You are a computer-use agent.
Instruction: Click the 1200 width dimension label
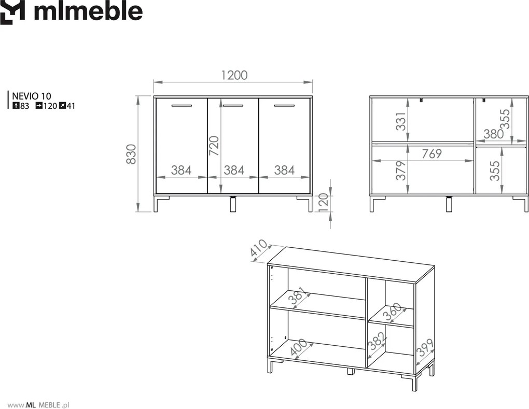coord(234,75)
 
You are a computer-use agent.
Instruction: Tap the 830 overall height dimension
coord(131,154)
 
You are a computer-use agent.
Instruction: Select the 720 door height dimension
coord(214,146)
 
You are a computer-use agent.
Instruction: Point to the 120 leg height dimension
coord(323,201)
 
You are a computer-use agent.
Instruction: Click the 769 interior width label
coord(432,153)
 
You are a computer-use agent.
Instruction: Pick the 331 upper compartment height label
coord(400,122)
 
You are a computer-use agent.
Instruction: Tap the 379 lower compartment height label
coord(400,170)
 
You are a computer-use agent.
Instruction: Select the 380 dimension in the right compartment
coord(493,134)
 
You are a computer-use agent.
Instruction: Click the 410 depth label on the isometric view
coord(259,250)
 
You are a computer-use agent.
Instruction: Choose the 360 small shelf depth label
coord(393,312)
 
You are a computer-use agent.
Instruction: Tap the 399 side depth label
coord(425,348)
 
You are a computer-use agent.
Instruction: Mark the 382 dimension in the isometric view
coord(376,342)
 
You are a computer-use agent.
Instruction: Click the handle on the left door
coord(182,106)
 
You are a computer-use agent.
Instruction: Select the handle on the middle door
coord(233,106)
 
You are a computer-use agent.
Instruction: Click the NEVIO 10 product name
coord(31,96)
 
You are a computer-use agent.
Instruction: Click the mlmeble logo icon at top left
coord(12,12)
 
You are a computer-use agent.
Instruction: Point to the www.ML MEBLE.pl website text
coord(38,405)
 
